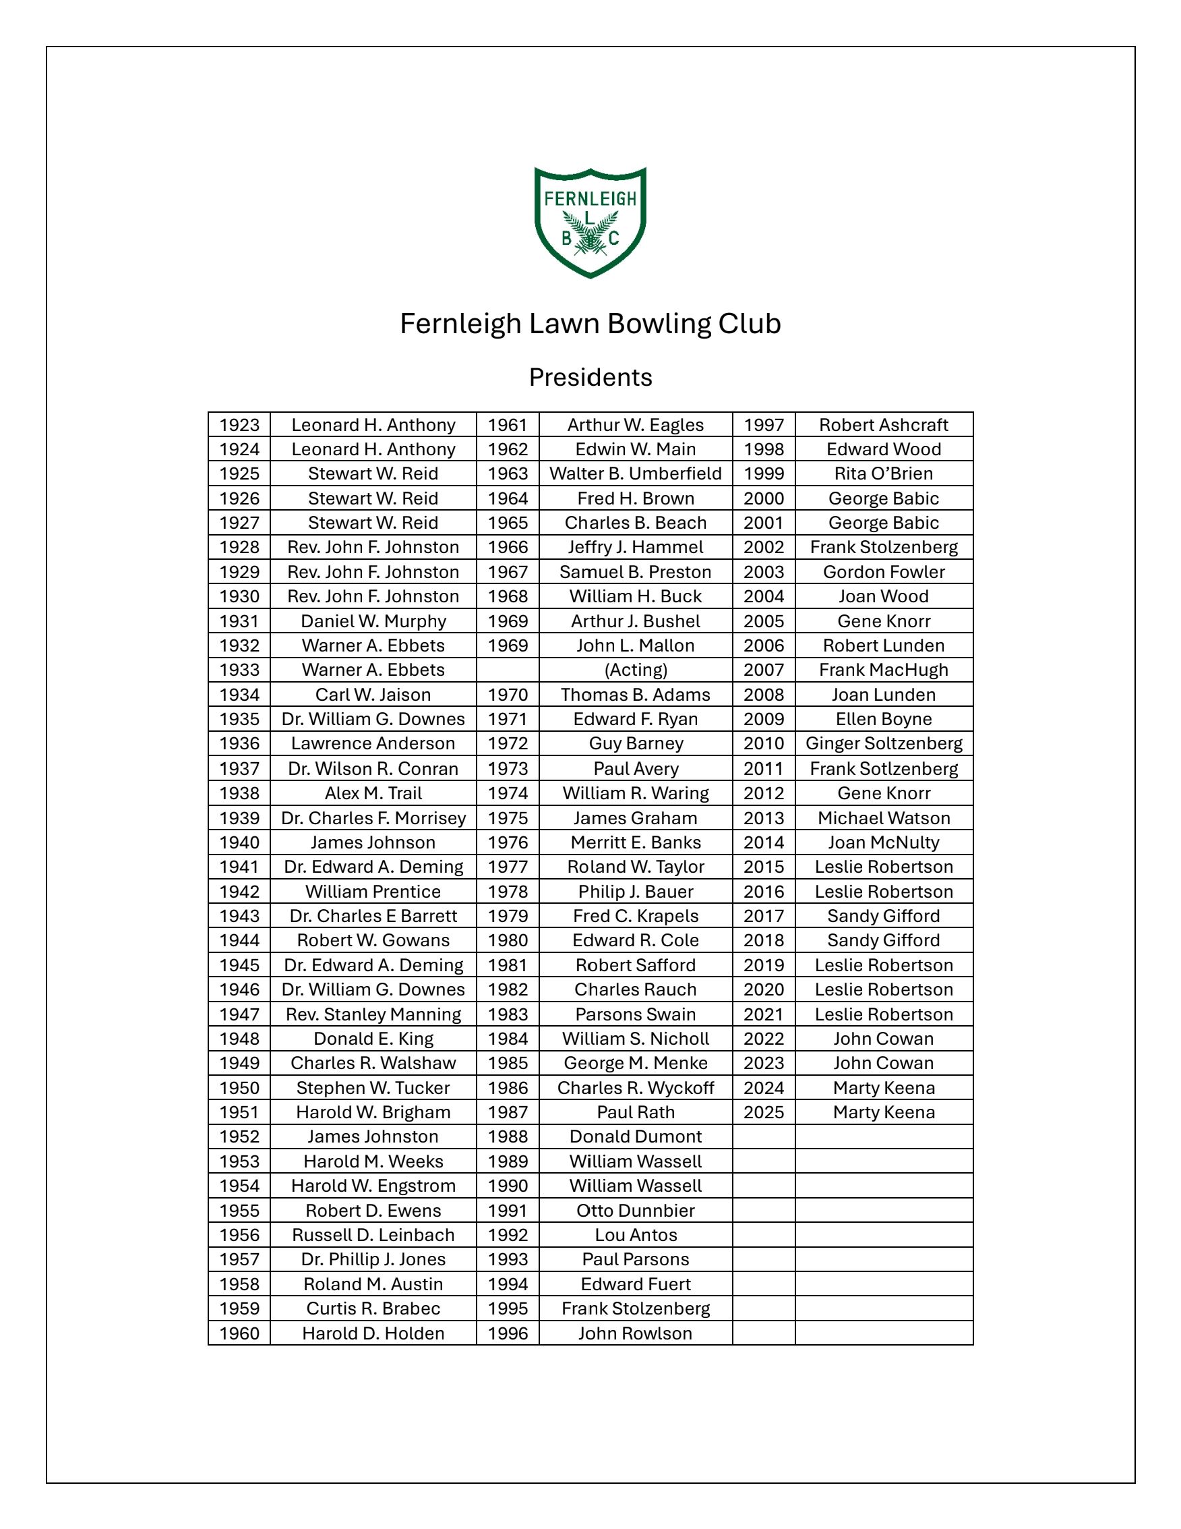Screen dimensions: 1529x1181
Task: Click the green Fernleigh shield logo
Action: [x=590, y=222]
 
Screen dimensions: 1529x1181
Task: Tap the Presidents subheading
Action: [x=590, y=377]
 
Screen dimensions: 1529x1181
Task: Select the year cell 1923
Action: [x=239, y=425]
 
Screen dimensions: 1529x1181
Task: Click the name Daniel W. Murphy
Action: [x=373, y=621]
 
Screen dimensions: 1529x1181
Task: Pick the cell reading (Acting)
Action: [x=635, y=670]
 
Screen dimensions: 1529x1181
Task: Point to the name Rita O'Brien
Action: [x=883, y=474]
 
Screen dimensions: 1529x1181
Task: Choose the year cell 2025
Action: [x=763, y=1112]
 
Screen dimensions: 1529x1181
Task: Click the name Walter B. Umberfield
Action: [x=635, y=474]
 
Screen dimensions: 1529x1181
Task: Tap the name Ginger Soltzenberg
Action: [x=883, y=743]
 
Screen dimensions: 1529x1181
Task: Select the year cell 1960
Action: [x=239, y=1333]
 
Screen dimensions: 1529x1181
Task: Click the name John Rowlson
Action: [x=635, y=1333]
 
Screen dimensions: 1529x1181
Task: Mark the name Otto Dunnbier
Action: [x=635, y=1211]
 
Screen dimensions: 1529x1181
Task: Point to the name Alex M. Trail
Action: [x=373, y=793]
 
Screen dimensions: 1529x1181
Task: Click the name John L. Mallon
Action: [x=635, y=645]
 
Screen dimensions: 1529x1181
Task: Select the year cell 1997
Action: [x=763, y=425]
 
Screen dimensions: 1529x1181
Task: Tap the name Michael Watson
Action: [x=883, y=817]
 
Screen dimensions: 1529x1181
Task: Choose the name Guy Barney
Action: [x=635, y=743]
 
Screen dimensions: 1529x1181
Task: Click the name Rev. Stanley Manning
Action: [x=373, y=1014]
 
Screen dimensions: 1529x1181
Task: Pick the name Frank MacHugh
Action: [x=883, y=670]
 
